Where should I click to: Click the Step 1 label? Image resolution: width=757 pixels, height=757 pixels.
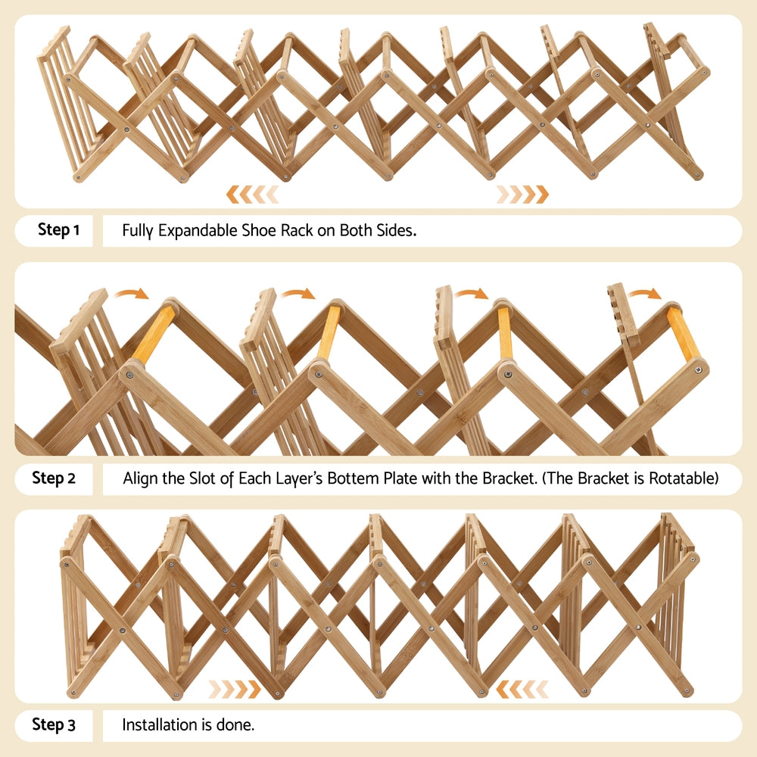58,230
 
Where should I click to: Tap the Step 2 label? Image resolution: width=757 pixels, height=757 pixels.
54,478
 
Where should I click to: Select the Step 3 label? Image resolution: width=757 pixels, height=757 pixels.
54,725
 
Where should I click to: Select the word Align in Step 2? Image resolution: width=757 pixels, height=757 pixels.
142,478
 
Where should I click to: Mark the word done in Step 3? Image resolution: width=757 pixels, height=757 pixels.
238,725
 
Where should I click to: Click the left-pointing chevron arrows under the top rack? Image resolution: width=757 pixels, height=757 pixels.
252,195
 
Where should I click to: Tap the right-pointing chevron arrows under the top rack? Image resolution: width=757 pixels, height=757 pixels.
522,195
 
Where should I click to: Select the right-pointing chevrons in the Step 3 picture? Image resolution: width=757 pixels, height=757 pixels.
235,689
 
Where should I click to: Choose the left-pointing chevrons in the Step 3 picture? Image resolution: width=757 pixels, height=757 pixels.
522,689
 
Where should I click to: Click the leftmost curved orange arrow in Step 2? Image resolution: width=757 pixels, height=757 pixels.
132,294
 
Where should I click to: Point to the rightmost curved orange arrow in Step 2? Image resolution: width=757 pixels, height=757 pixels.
644,293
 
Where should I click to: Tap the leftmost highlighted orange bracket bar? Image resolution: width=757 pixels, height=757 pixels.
154,335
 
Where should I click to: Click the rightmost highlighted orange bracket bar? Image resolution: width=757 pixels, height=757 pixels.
683,334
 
